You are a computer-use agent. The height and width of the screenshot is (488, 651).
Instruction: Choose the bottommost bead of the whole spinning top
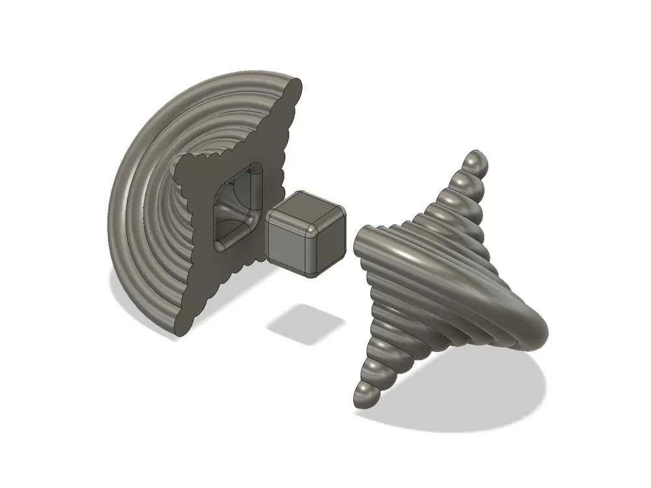(365, 396)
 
